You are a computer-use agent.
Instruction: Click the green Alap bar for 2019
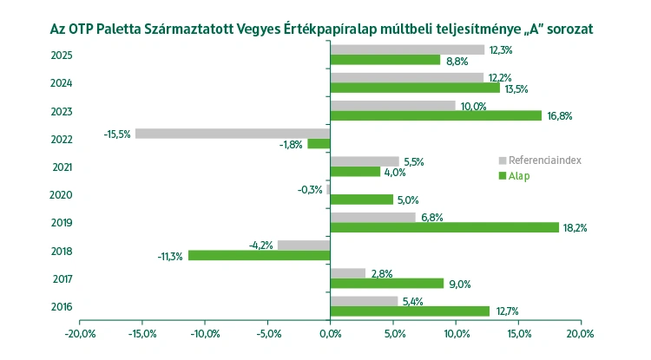[444, 227]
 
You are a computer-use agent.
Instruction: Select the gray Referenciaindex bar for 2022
[233, 133]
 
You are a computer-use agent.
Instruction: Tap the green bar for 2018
[259, 256]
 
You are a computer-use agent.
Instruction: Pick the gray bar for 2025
[407, 49]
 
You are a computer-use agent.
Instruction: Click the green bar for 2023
[436, 115]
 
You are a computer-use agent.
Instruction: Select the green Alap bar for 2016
[410, 311]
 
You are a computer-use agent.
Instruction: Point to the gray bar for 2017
[348, 273]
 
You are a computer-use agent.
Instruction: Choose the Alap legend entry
[519, 176]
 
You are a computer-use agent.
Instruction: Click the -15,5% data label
[117, 134]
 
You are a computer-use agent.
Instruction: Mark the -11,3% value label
[170, 257]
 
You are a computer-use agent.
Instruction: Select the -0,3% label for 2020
[310, 190]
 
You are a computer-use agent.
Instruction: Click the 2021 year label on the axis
[62, 167]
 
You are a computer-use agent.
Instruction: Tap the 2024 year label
[62, 83]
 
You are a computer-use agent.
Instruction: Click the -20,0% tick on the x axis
[80, 333]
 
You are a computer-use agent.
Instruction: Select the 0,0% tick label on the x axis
[331, 333]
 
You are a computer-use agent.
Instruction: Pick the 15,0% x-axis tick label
[517, 333]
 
